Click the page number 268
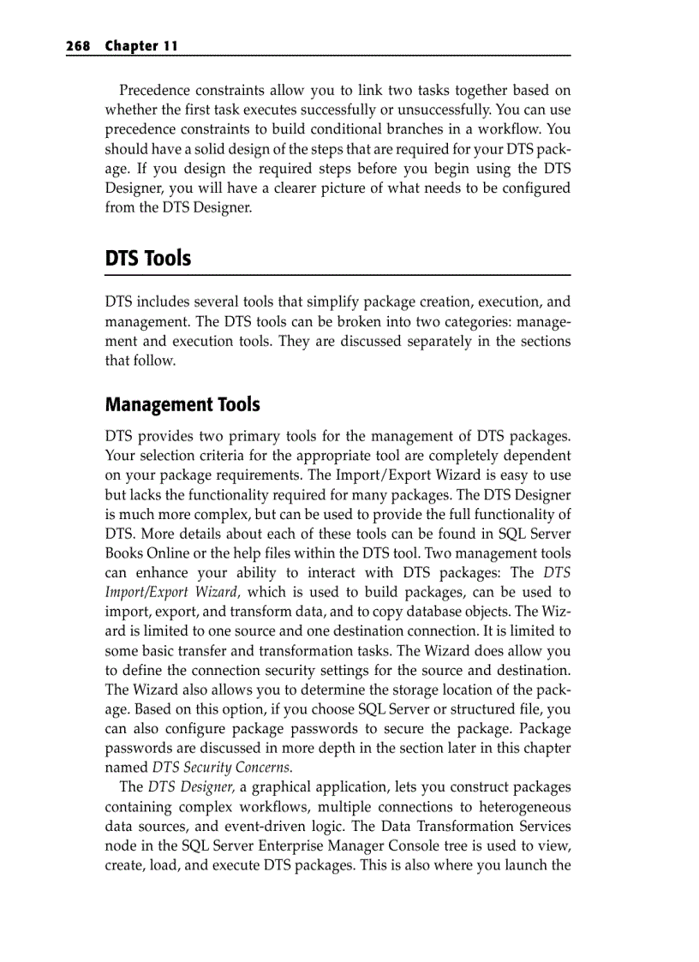[79, 46]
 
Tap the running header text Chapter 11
[141, 46]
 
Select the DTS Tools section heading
[147, 258]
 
